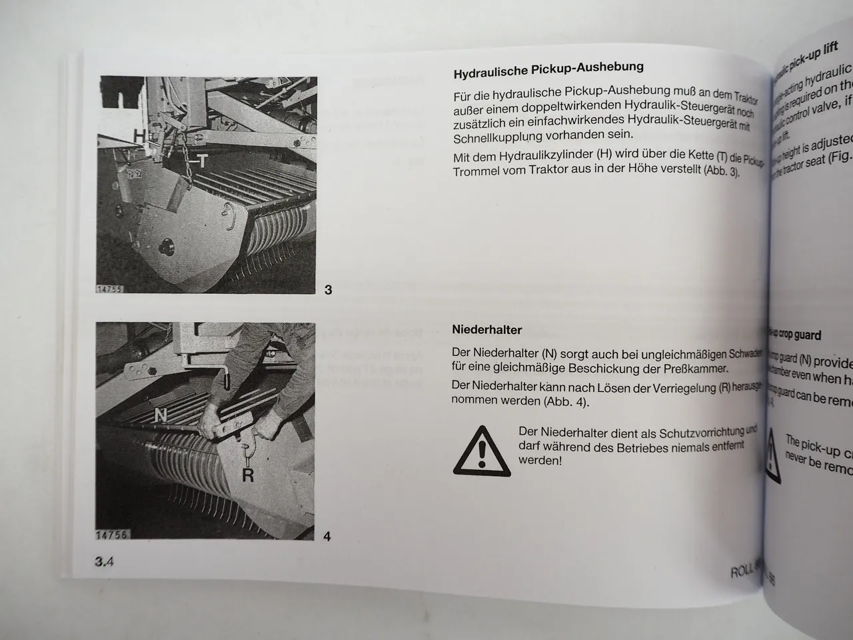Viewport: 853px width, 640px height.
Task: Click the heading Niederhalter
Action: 486,329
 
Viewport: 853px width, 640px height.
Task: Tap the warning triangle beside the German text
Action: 481,451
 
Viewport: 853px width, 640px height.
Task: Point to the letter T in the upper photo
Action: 201,161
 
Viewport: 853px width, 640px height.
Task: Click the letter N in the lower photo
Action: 161,416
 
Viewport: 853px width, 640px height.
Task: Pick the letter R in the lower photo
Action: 247,475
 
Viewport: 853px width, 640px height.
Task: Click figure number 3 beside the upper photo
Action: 328,290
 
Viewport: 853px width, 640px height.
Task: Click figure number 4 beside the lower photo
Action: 327,536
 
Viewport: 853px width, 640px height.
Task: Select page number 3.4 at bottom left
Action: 104,561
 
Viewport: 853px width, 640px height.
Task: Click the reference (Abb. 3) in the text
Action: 721,171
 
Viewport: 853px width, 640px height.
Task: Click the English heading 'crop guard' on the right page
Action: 796,335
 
